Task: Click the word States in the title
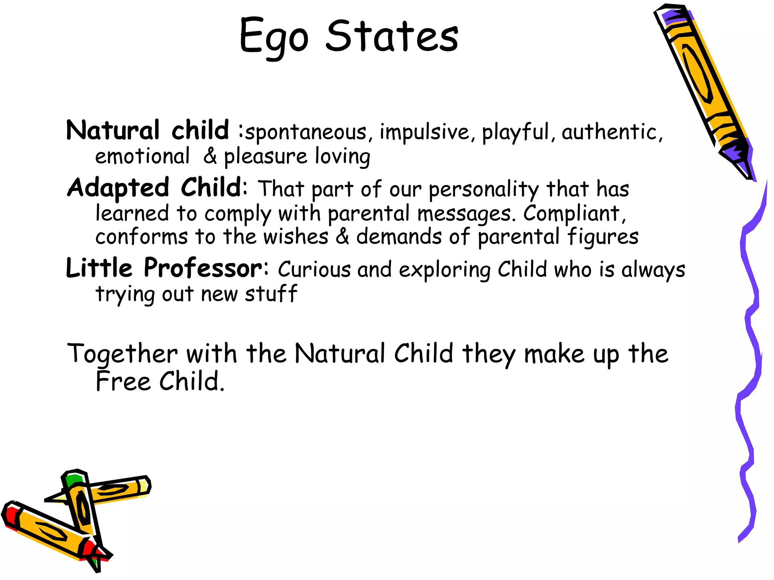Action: (x=392, y=36)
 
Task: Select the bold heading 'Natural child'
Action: (x=147, y=130)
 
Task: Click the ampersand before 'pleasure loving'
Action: (x=210, y=156)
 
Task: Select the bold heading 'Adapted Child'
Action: (x=154, y=187)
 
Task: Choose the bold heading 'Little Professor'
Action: (x=164, y=268)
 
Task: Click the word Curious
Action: (x=314, y=270)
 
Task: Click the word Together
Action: (x=122, y=355)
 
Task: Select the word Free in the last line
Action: (x=123, y=381)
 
